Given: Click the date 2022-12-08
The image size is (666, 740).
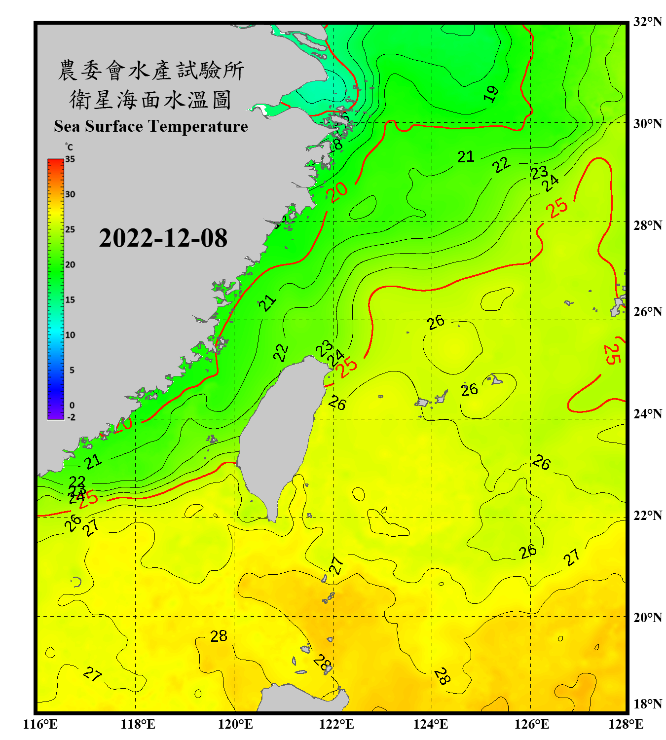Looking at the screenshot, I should coord(163,238).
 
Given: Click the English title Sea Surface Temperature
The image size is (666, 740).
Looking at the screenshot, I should coord(151,126).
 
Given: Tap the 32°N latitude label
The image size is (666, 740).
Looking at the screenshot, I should coord(647,22).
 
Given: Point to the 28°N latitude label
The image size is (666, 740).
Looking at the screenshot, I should coord(647,225).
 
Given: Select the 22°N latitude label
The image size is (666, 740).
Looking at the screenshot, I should coord(647,516).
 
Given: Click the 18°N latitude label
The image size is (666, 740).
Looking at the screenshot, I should coord(647,704).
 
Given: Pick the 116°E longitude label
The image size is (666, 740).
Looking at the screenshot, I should coord(40,724).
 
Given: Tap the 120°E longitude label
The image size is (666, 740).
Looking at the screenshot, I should coord(235,724).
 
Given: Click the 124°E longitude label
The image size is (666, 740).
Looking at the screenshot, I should coord(431,724).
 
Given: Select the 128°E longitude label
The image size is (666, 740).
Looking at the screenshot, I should coord(626,724).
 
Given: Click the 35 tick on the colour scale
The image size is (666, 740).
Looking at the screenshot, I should coord(70,159).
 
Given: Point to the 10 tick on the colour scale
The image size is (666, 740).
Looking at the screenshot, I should coord(70,335).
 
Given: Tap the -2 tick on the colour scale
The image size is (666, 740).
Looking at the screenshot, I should coord(71,417).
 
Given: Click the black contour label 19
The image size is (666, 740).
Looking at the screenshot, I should coord(491,94).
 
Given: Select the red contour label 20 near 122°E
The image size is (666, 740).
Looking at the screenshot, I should coord(339,192).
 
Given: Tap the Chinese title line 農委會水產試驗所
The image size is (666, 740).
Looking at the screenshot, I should coord(151,71).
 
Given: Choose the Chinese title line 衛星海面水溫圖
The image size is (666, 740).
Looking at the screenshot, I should coord(151,100).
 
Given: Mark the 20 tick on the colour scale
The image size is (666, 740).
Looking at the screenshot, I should coord(70,265).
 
